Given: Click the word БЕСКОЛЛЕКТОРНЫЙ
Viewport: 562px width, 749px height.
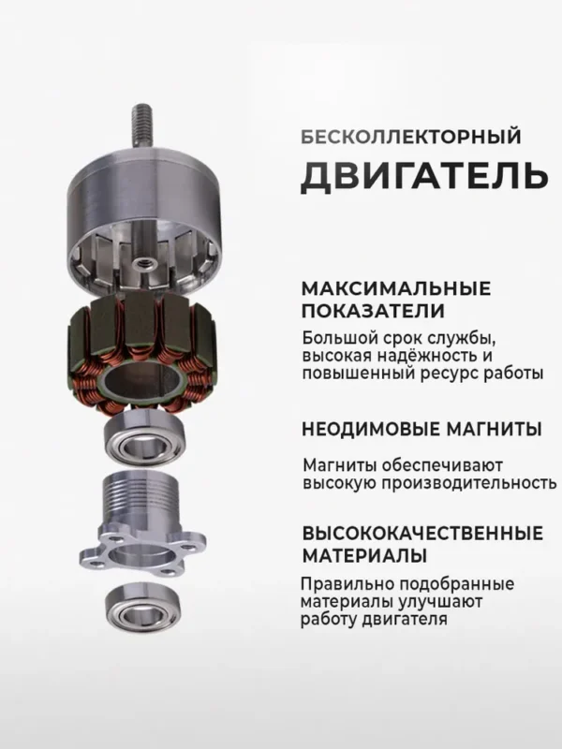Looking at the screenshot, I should [410, 137].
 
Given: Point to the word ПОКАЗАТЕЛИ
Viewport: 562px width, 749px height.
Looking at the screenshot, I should [374, 311].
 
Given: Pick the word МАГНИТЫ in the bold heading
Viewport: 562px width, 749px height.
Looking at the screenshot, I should [496, 430].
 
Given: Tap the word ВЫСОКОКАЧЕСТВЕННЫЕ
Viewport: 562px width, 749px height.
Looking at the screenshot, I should [422, 535].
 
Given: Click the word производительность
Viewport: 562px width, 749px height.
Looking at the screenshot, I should [460, 483].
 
